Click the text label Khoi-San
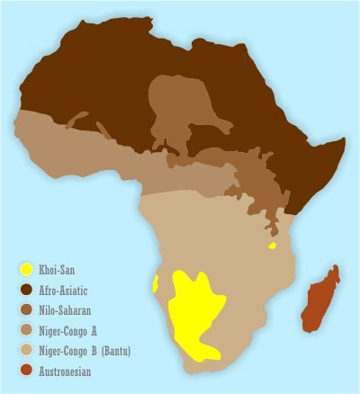tap(59, 270)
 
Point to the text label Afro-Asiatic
tap(68, 290)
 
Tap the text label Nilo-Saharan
tap(69, 309)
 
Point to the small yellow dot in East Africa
tap(272, 245)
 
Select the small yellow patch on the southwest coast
tap(157, 284)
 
